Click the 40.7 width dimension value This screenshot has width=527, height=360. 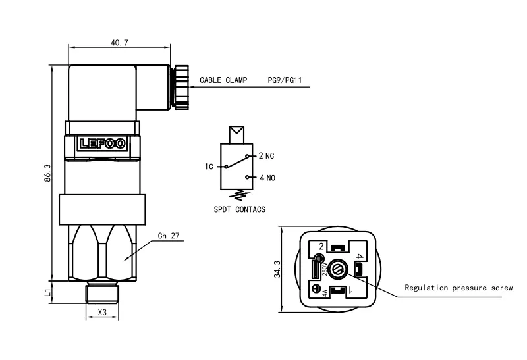point(119,43)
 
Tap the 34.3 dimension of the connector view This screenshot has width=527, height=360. point(278,269)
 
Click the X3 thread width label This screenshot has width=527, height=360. point(102,312)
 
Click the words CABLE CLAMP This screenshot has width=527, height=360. point(223,80)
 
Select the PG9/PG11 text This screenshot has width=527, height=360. point(285,80)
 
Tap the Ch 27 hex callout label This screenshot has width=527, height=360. point(169,236)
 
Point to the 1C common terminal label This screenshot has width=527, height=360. point(209,167)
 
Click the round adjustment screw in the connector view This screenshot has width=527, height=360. point(339,269)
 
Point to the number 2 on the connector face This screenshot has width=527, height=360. point(321,246)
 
